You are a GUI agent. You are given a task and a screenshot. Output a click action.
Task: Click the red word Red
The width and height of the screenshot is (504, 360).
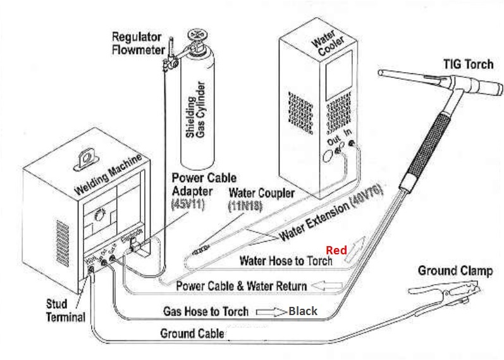click(x=336, y=250)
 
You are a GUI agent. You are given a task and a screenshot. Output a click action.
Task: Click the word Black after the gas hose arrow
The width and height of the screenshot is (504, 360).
click(x=303, y=311)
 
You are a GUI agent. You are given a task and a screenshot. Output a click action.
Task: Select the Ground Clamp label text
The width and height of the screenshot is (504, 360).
click(x=455, y=271)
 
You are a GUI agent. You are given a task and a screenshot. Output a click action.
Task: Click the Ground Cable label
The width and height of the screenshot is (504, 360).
click(x=192, y=333)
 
